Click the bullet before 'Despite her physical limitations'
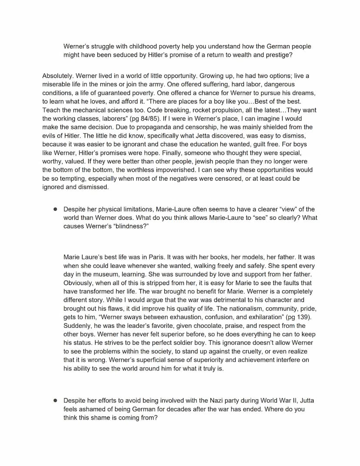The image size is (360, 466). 55,209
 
